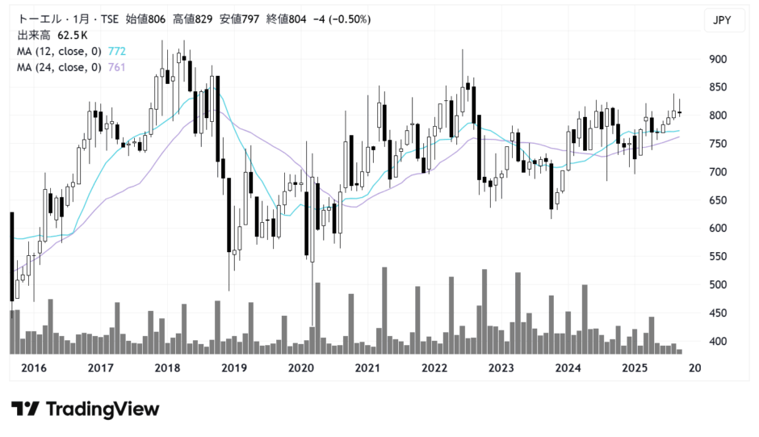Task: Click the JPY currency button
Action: (724, 20)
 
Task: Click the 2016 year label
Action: (32, 368)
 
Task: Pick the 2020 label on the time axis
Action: (300, 368)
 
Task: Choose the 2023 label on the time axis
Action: (501, 368)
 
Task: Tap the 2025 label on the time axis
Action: (635, 368)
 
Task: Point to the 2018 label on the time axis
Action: (166, 368)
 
